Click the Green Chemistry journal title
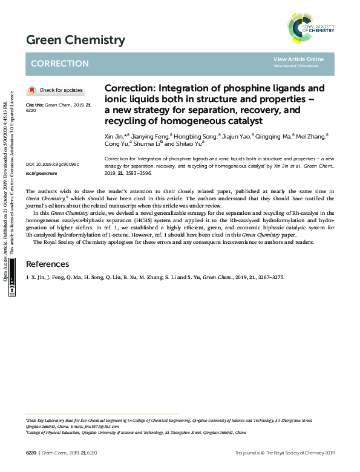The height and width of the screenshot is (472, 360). [x=76, y=41]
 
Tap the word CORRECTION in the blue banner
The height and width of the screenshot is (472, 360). [x=59, y=64]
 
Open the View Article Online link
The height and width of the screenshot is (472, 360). [x=298, y=59]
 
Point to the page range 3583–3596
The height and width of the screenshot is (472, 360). [x=138, y=173]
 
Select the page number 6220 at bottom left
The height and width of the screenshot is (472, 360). [x=31, y=453]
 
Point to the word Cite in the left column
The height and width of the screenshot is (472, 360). [x=30, y=105]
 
